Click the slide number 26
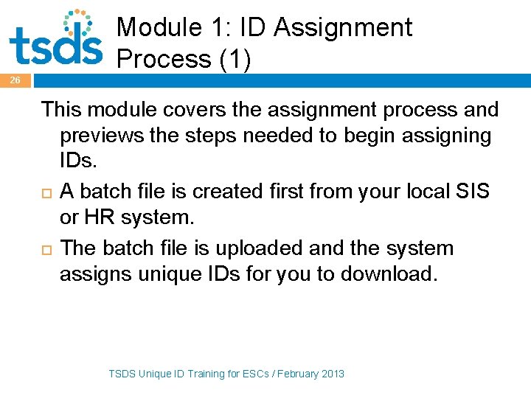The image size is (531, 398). tap(15, 80)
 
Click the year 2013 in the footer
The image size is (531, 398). tap(332, 374)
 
